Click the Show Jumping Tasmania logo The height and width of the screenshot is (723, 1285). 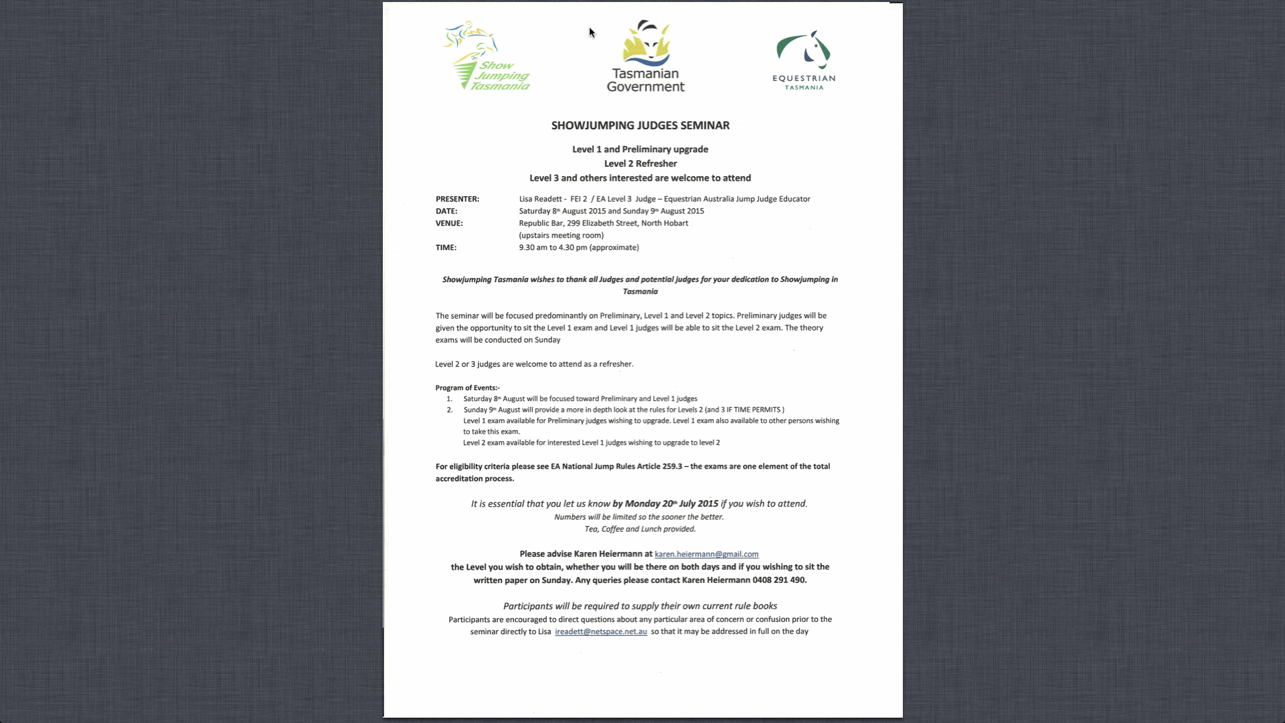pyautogui.click(x=487, y=56)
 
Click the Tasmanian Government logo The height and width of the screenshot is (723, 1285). pyautogui.click(x=645, y=56)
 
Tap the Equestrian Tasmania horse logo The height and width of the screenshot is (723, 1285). pyautogui.click(x=804, y=59)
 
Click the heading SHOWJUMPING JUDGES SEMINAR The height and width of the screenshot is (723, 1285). pyautogui.click(x=640, y=125)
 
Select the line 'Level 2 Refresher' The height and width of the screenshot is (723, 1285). pyautogui.click(x=640, y=163)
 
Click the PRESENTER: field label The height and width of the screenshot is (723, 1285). pyautogui.click(x=457, y=199)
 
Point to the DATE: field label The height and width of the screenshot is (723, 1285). pyautogui.click(x=446, y=211)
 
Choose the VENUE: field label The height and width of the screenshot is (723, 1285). pyautogui.click(x=449, y=223)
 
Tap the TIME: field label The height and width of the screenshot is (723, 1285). pyautogui.click(x=446, y=247)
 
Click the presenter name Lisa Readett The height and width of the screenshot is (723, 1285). pyautogui.click(x=540, y=199)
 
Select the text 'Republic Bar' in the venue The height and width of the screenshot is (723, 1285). pyautogui.click(x=541, y=223)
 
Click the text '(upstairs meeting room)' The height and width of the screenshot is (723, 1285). pyautogui.click(x=561, y=235)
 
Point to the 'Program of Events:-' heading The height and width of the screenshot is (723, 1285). pyautogui.click(x=467, y=388)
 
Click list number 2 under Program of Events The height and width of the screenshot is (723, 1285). pyautogui.click(x=450, y=410)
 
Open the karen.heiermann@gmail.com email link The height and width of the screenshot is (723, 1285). pyautogui.click(x=706, y=554)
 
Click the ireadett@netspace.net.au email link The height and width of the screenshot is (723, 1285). pyautogui.click(x=600, y=631)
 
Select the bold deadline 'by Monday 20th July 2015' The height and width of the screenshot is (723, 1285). pyautogui.click(x=665, y=503)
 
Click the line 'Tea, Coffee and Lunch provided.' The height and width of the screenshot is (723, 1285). pyautogui.click(x=640, y=529)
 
